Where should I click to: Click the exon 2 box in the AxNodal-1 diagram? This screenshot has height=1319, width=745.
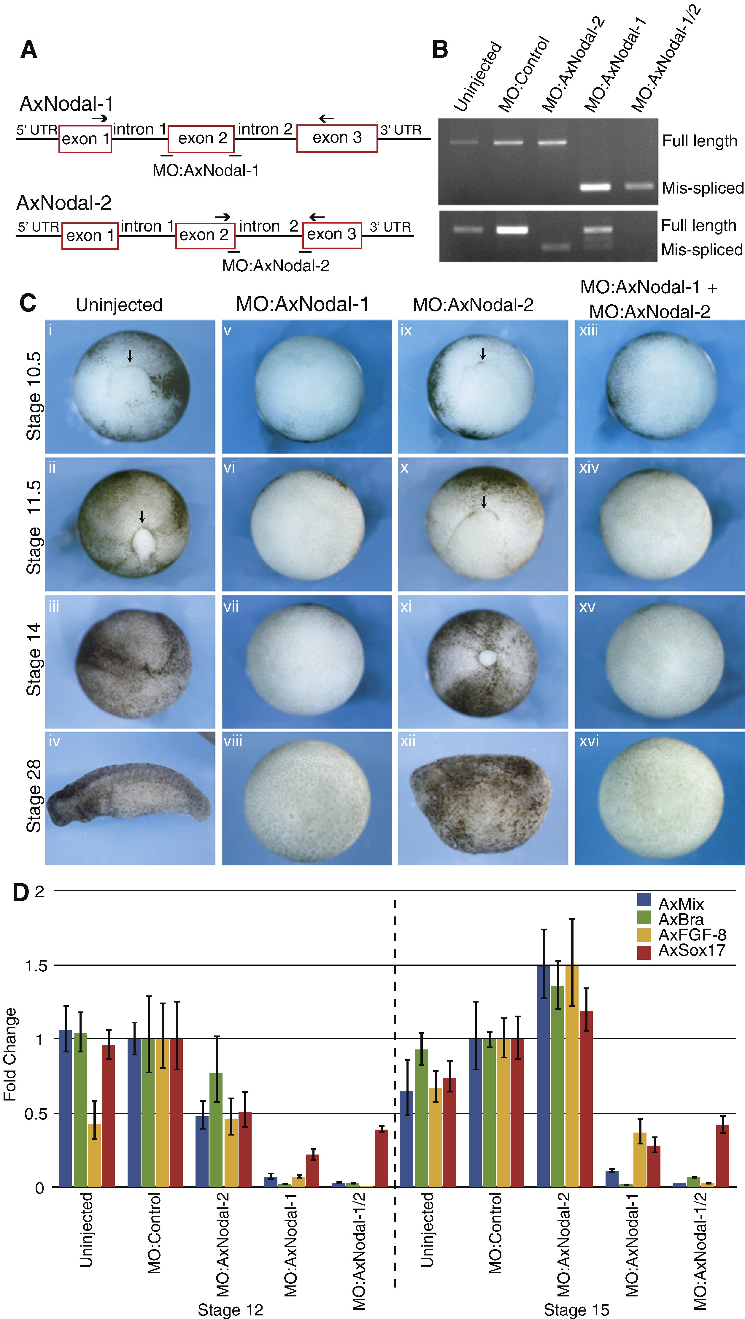tap(202, 138)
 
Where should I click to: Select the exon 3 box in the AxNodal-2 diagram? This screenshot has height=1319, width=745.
tap(332, 235)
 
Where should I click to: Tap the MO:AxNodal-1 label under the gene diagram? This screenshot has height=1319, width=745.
tap(206, 170)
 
